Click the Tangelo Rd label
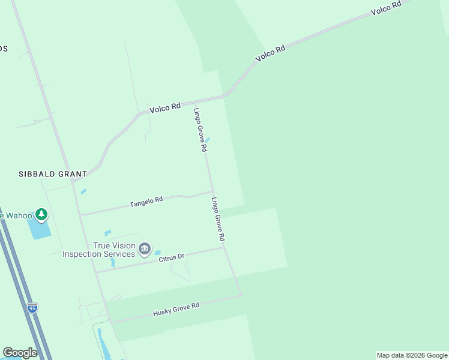[x=146, y=202]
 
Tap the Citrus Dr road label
[x=171, y=257]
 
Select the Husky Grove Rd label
[x=176, y=310]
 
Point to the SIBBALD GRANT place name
[x=52, y=173]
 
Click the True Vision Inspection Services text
[x=99, y=250]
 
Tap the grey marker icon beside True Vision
[x=144, y=248]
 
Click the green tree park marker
[x=41, y=214]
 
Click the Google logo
[x=20, y=353]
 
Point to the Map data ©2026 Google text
[x=412, y=355]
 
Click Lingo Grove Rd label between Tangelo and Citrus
[x=218, y=219]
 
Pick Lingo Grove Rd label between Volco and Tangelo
[x=200, y=129]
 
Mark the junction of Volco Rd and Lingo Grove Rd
[x=194, y=100]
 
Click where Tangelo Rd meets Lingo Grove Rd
[x=212, y=192]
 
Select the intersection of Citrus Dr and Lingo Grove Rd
[x=224, y=247]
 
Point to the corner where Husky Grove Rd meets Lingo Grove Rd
[x=241, y=295]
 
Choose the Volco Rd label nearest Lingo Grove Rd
[x=164, y=108]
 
